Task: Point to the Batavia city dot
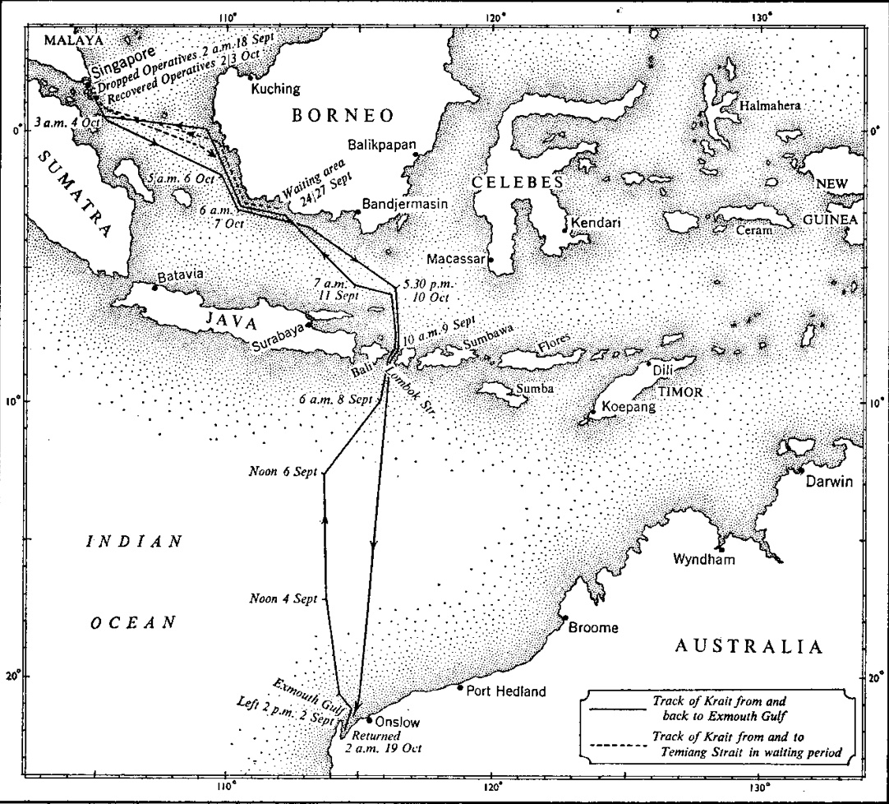(155, 287)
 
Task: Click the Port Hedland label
(505, 691)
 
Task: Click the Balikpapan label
(383, 141)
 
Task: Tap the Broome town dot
(564, 618)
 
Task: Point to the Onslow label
(397, 722)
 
